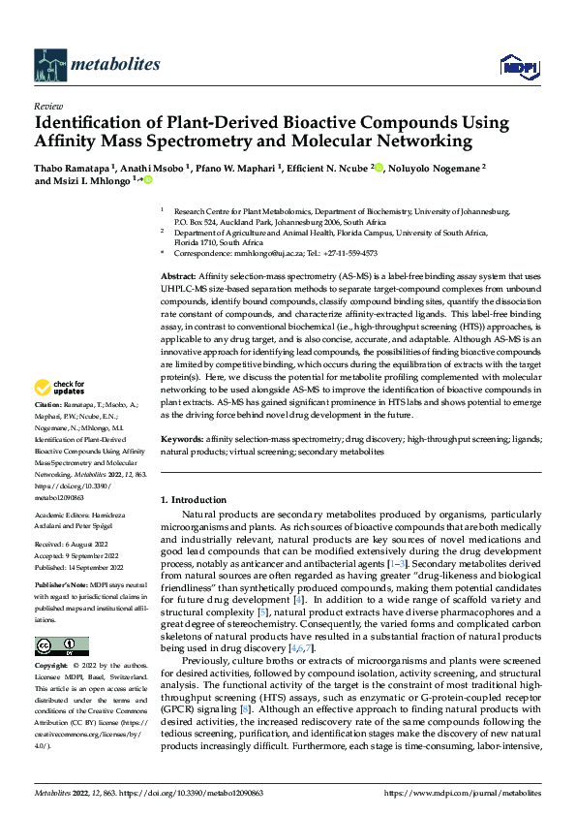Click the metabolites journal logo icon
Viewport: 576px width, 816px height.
click(49, 64)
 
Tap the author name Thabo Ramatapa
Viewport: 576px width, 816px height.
click(73, 168)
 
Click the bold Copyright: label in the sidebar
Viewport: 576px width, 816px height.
click(52, 667)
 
